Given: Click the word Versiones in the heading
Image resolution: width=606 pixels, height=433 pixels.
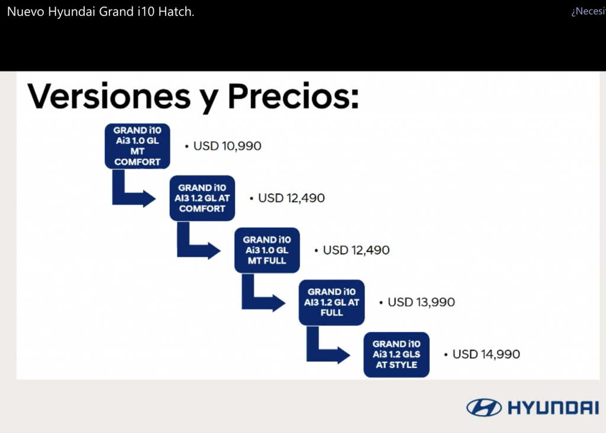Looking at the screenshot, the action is [109, 96].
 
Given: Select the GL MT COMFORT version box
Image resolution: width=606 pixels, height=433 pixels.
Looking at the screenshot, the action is [137, 146].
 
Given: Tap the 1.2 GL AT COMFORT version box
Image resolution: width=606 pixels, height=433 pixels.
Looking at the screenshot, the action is [202, 198].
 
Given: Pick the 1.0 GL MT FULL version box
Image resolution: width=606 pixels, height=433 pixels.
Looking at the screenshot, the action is [267, 250].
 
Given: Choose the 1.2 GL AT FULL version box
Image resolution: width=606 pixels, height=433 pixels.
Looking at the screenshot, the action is [331, 302].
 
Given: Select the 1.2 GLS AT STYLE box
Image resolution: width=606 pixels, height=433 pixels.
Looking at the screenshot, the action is [397, 354].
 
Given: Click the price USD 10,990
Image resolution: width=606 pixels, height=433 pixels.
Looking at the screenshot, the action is [227, 146].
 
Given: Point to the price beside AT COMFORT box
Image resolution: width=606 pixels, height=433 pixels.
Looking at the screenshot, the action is [291, 198].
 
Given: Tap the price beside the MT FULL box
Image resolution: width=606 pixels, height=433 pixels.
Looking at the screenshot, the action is [356, 250].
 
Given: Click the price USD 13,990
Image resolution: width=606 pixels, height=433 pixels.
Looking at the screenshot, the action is [421, 302].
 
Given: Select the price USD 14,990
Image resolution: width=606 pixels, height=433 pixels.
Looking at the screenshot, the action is [486, 354].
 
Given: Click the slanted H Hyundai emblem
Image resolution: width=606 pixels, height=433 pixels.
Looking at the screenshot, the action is [484, 408].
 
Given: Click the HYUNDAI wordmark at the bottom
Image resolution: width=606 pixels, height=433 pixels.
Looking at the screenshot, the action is [553, 408].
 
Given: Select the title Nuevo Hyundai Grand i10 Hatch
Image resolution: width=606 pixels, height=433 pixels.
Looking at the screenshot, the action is [101, 12].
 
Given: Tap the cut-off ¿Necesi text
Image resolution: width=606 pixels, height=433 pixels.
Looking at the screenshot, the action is [589, 12].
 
